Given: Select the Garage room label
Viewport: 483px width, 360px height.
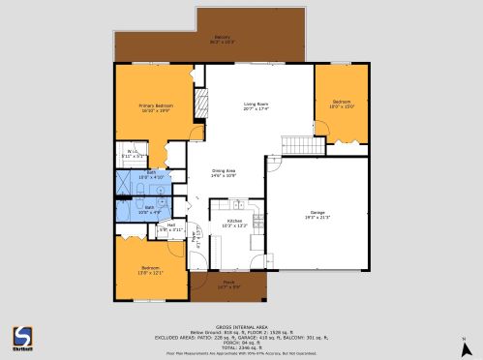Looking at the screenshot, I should coord(317,214).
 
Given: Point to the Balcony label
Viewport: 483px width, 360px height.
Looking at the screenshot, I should coord(223,40).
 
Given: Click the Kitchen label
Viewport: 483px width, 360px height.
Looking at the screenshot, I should coord(233,223).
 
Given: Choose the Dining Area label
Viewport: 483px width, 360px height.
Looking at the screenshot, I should coord(225,173).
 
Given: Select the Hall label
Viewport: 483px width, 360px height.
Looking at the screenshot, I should coord(170,227).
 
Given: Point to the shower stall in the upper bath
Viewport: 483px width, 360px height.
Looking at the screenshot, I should coord(127,183).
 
